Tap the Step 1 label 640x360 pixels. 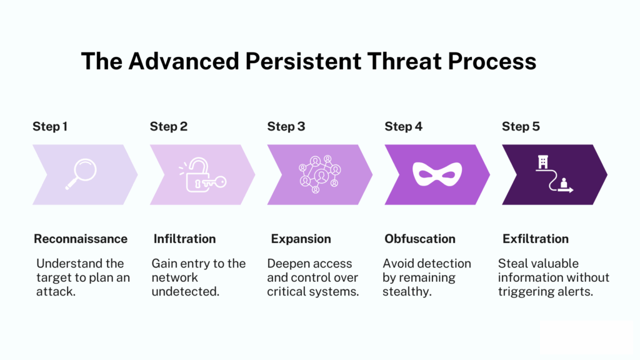(50, 127)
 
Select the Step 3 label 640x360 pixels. (286, 127)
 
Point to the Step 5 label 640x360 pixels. (521, 127)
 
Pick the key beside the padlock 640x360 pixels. (215, 182)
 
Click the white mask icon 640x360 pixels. (437, 174)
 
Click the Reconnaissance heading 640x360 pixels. (81, 239)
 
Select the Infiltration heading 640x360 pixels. (184, 239)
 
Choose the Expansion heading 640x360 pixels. (301, 239)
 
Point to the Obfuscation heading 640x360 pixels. (420, 239)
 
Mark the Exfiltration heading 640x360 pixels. (536, 239)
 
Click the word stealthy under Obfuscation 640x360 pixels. (407, 291)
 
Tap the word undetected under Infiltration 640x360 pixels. (186, 291)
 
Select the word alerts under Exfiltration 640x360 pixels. (576, 291)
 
